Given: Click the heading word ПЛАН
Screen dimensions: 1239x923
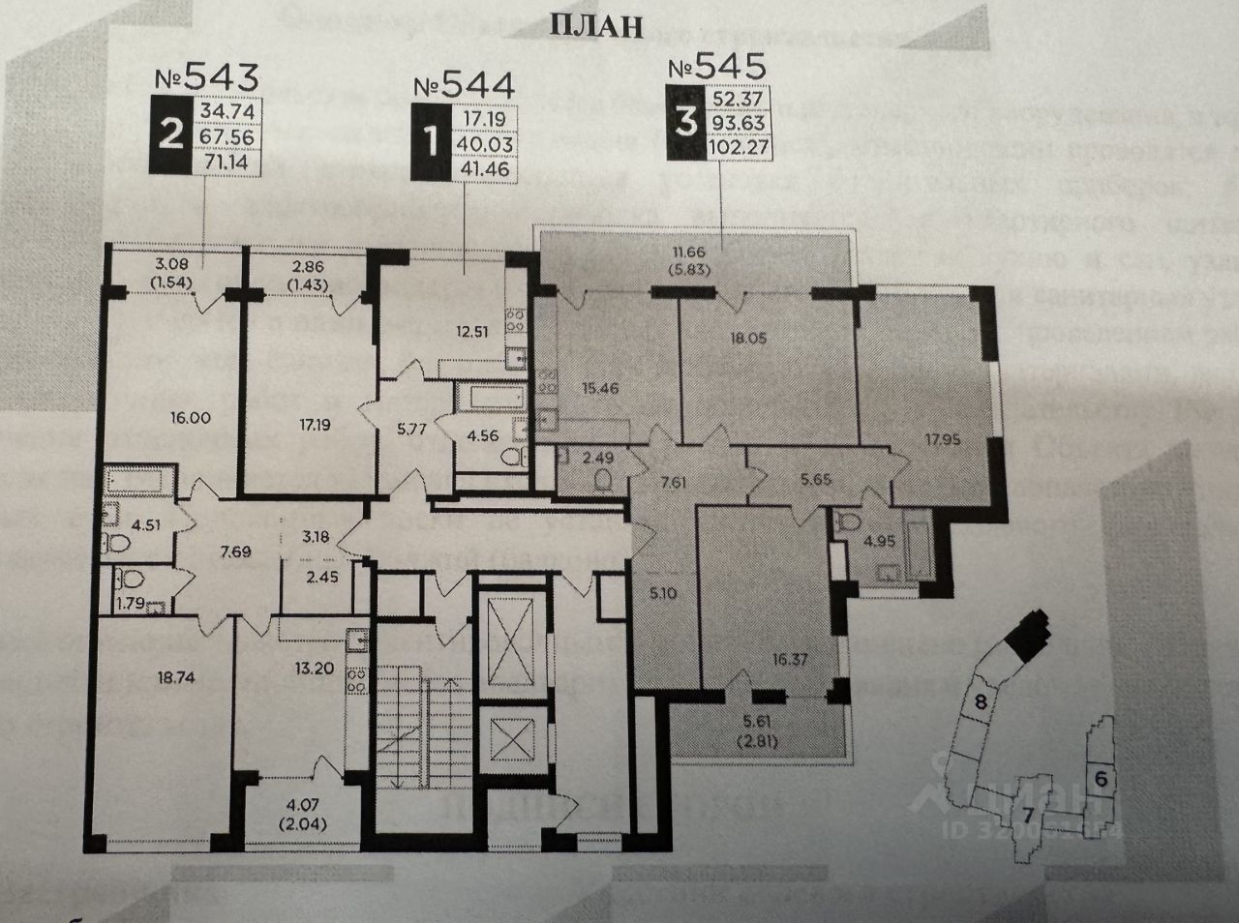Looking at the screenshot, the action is pyautogui.click(x=596, y=26).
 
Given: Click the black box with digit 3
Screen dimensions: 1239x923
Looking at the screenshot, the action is pyautogui.click(x=686, y=123).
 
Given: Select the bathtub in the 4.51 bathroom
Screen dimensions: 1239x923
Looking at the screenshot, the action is pyautogui.click(x=140, y=481).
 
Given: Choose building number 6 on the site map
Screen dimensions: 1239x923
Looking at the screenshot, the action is pyautogui.click(x=1102, y=777).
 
